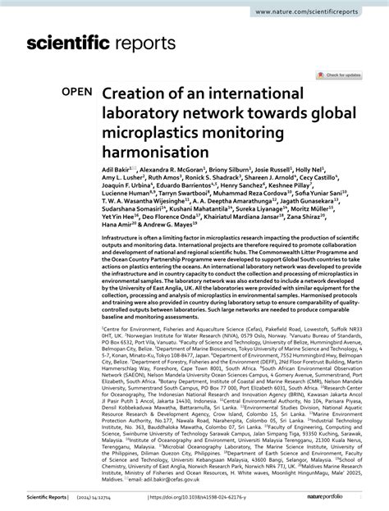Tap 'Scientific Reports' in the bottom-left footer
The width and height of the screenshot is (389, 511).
pyautogui.click(x=33, y=497)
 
